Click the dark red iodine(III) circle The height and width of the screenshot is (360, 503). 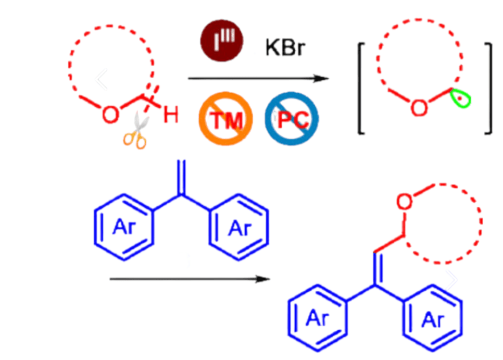[221, 41]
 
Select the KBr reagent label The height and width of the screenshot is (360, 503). [285, 47]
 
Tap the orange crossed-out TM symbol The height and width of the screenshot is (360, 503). [225, 119]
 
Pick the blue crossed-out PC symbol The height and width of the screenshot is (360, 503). [292, 119]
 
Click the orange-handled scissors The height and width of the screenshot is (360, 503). [136, 130]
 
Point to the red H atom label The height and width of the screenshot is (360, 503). [171, 115]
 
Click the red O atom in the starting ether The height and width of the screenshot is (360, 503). [110, 114]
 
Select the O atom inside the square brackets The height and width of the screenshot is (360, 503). [419, 107]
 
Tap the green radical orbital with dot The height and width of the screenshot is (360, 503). [460, 98]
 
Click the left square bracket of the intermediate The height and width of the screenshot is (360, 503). [361, 88]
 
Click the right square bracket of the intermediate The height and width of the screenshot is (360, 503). [488, 88]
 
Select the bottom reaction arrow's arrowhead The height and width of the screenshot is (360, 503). [262, 279]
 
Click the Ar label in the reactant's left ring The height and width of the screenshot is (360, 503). [124, 227]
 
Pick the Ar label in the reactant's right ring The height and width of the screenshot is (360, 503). [240, 228]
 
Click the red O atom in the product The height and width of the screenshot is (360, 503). [404, 202]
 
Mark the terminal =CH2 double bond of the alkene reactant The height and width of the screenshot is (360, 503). [182, 177]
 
